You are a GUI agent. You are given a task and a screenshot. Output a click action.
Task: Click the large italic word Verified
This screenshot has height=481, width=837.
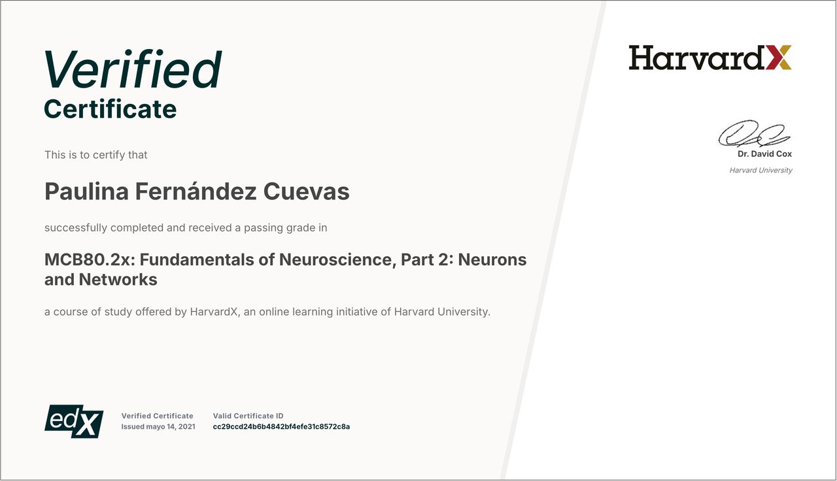coord(133,69)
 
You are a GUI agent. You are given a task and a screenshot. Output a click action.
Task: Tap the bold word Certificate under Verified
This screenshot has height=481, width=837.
coord(111,109)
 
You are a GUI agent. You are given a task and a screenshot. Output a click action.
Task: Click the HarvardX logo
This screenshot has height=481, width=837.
coord(710,58)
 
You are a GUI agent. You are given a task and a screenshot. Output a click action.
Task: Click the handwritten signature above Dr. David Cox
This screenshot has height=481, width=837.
coord(754,133)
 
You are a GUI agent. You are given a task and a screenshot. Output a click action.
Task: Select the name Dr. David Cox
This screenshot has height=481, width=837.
coord(764,154)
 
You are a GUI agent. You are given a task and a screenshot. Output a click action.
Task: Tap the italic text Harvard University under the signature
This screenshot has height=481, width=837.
coord(760,171)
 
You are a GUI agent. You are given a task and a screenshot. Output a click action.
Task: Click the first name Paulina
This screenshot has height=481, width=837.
coord(86,191)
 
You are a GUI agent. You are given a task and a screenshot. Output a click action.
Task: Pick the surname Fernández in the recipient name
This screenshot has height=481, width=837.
coord(196,191)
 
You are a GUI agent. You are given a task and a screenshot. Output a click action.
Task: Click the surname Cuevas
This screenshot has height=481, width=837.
coord(307,191)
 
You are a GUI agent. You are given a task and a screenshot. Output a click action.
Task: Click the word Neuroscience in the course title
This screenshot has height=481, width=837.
coord(337,260)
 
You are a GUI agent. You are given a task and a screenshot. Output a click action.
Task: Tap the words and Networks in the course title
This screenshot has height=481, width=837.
coord(101,279)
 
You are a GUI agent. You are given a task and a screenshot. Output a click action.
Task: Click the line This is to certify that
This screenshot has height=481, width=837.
coord(95,155)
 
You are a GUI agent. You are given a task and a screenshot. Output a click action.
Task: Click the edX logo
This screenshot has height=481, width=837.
coord(74,422)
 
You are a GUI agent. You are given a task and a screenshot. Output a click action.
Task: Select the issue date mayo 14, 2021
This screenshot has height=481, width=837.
coord(171,427)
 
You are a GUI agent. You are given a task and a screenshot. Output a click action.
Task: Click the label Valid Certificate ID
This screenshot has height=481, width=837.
coord(248,416)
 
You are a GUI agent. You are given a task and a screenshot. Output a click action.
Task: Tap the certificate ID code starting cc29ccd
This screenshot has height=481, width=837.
coord(281,427)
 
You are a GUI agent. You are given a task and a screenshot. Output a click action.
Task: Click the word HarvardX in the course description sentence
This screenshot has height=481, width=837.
coord(214,312)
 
